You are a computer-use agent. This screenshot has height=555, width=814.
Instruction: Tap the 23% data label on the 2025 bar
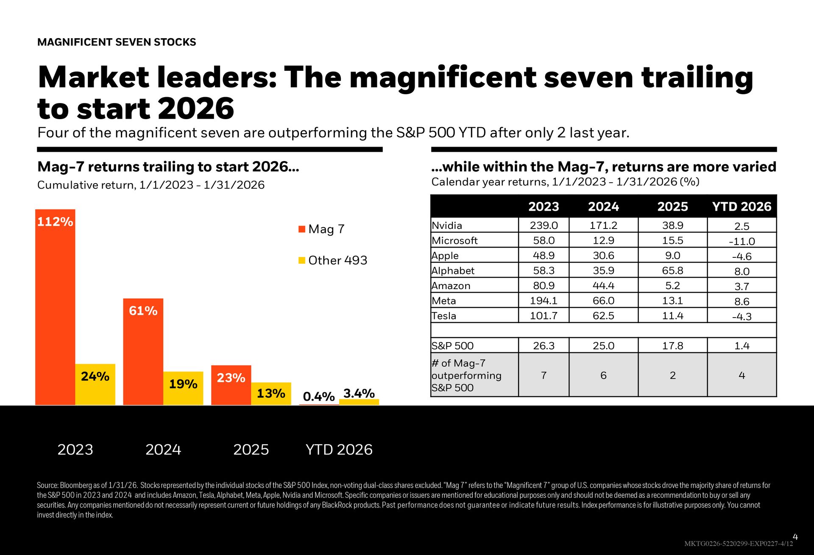pos(231,378)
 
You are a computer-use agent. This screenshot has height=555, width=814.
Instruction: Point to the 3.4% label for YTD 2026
pos(359,393)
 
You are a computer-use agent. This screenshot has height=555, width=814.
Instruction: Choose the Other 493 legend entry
pos(337,260)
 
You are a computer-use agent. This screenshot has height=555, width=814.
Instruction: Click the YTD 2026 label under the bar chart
pos(339,449)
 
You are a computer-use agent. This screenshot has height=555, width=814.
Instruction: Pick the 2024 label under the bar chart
pos(163,449)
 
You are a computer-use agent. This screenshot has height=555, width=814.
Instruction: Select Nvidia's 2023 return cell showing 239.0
pos(544,226)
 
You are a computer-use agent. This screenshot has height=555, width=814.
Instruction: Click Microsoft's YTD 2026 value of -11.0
pos(742,241)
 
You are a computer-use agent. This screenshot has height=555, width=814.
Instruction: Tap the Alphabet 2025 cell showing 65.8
pos(672,271)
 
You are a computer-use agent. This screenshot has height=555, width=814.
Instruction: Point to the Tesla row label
pos(444,316)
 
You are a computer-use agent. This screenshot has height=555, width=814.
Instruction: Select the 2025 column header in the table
pos(672,206)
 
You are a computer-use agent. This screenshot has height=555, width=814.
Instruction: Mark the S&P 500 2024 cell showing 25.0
pos(603,346)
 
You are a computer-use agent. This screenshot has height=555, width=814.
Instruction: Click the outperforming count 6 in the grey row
pos(603,375)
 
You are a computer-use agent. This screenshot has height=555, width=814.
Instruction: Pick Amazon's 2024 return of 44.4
pos(603,286)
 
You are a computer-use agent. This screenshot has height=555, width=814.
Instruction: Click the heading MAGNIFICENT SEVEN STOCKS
pos(117,42)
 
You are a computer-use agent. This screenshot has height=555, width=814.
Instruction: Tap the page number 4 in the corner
pos(795,537)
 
